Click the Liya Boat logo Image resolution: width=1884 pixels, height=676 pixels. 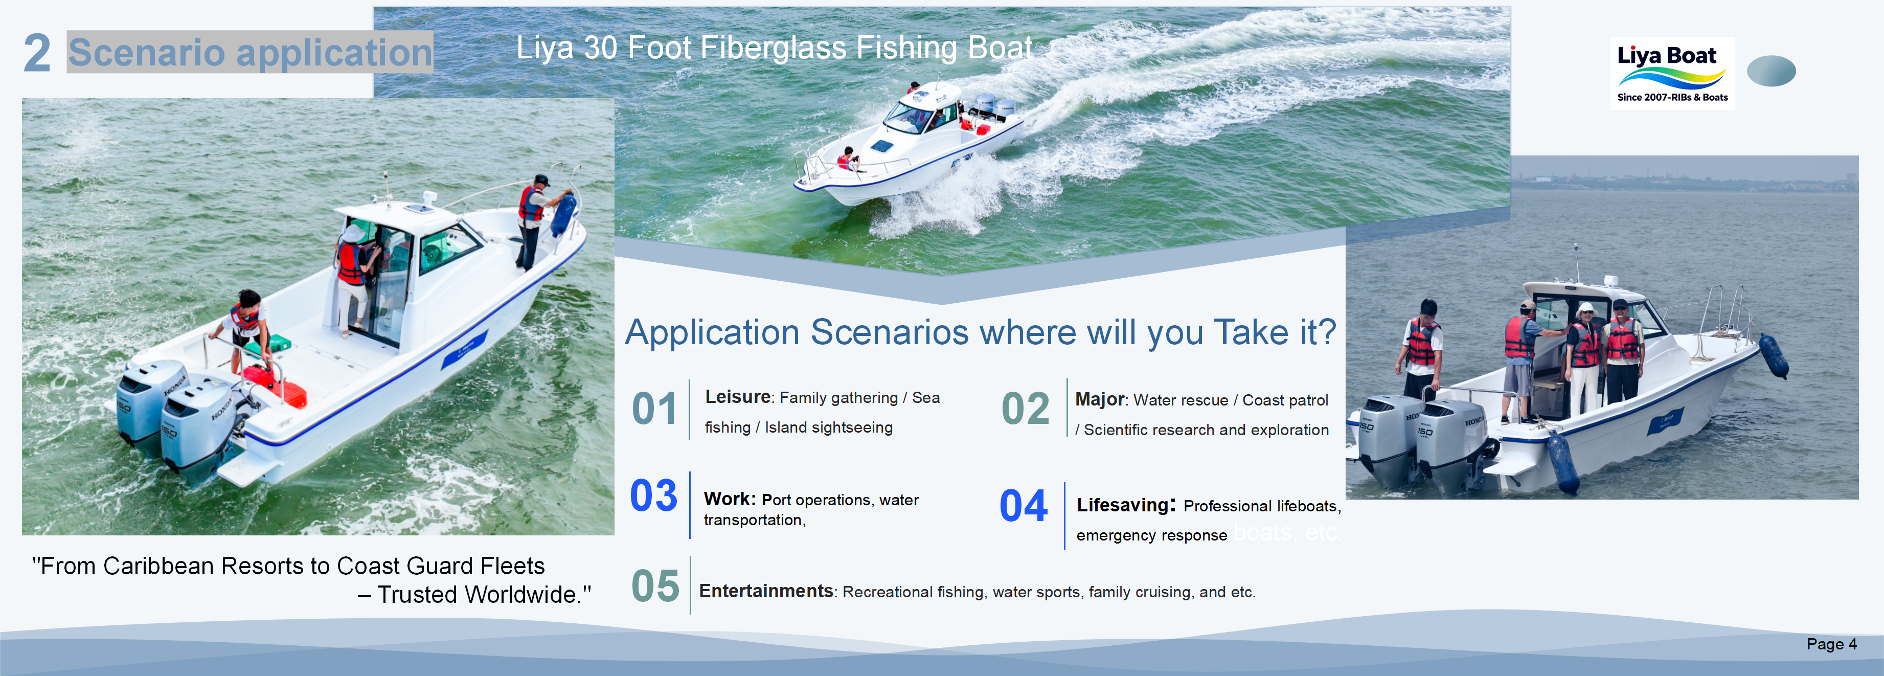click(1672, 73)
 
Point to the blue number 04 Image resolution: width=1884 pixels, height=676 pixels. click(1023, 506)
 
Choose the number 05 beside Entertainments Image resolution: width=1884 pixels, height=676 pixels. click(655, 586)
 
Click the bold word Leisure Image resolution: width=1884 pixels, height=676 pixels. click(737, 397)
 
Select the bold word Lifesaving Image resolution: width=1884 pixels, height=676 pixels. click(1123, 505)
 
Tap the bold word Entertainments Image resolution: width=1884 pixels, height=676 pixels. click(766, 591)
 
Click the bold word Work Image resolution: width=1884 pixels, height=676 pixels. click(729, 499)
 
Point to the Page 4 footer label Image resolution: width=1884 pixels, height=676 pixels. click(1831, 644)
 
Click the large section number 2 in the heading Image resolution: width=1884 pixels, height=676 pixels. click(37, 53)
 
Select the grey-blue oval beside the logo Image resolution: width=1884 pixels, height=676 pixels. click(1770, 71)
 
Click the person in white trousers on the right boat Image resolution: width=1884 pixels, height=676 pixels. click(1583, 358)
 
